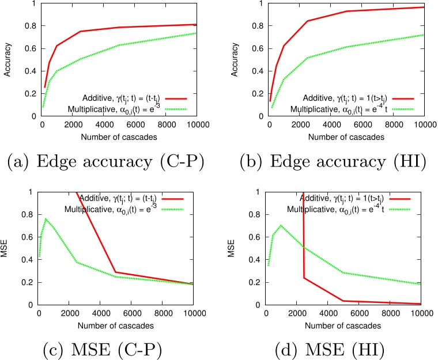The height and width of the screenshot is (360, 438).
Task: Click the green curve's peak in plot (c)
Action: click(x=46, y=219)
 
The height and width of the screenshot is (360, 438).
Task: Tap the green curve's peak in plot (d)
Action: click(x=281, y=225)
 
